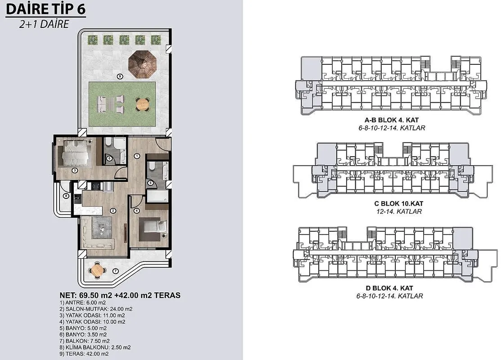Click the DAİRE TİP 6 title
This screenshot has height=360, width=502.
pyautogui.click(x=46, y=9)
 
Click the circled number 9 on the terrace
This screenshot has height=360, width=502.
pyautogui.click(x=120, y=76)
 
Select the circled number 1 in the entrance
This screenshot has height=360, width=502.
pyautogui.click(x=137, y=156)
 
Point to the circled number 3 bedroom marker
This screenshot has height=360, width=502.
pyautogui.click(x=75, y=171)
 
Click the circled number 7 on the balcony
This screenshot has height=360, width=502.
pyautogui.click(x=116, y=271)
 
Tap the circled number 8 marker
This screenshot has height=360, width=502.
pyautogui.click(x=66, y=196)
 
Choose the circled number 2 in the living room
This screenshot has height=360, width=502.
pyautogui.click(x=113, y=211)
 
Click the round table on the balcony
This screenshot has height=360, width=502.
pyautogui.click(x=96, y=270)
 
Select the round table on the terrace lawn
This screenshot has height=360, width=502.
pyautogui.click(x=142, y=103)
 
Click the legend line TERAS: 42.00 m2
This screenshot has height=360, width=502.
pyautogui.click(x=84, y=354)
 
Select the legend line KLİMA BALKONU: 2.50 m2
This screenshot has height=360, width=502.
pyautogui.click(x=95, y=347)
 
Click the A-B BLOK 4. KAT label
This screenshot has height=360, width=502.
pyautogui.click(x=392, y=120)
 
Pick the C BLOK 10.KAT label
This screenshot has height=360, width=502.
pyautogui.click(x=398, y=203)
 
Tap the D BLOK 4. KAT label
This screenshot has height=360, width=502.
pyautogui.click(x=389, y=288)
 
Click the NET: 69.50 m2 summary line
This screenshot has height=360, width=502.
pyautogui.click(x=120, y=295)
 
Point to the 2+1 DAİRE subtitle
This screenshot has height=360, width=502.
pyautogui.click(x=44, y=24)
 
